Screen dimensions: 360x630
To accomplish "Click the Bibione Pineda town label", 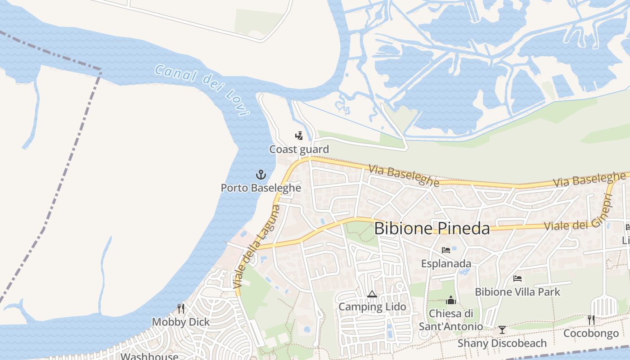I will point(432,228).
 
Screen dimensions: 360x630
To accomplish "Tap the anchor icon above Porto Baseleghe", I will point(261,175).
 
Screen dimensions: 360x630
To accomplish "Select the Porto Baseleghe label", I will point(261,188).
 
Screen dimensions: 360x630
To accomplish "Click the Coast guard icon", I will point(299,136).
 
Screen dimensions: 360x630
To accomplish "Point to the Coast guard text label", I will point(299,149).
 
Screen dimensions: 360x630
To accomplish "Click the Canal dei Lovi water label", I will point(202,90).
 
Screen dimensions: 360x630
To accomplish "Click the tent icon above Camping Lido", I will point(372,294).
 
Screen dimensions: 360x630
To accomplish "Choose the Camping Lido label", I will point(372,307).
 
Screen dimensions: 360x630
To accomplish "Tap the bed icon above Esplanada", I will point(446,250).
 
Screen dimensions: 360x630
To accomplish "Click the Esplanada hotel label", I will point(446,264).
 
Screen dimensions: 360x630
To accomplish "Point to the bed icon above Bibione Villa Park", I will point(517,279).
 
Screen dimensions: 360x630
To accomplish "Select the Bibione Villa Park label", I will point(517,292).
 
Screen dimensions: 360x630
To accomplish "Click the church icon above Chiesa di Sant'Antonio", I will point(451,300).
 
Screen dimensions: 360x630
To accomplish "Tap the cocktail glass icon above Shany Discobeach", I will point(502,330).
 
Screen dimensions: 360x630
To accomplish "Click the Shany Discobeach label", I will point(502,343).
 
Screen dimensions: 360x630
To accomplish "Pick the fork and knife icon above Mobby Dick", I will point(180,309).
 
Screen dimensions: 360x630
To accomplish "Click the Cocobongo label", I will point(591,333).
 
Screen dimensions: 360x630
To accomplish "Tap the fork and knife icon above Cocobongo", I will point(591,320).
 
